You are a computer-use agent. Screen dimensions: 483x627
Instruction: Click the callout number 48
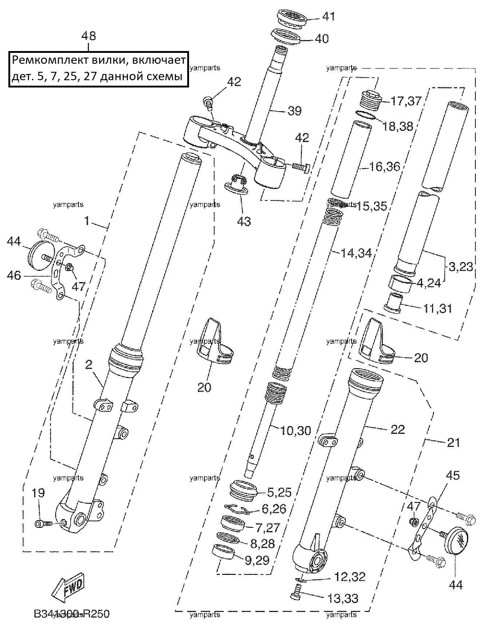89,36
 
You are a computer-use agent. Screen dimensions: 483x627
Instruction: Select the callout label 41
329,16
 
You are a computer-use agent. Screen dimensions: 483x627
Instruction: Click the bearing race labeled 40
285,37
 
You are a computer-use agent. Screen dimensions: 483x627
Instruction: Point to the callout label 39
294,111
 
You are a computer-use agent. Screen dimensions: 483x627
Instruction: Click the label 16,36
385,167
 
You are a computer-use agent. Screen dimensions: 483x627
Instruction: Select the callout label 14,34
356,253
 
